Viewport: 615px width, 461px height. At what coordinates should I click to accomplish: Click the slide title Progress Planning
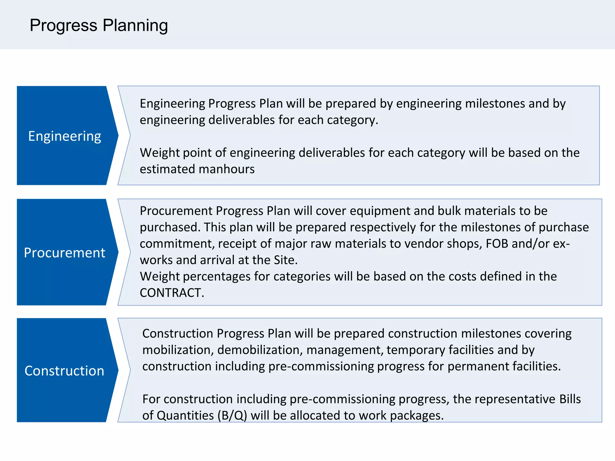[x=98, y=25]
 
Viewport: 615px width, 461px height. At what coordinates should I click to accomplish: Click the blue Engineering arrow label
[x=65, y=136]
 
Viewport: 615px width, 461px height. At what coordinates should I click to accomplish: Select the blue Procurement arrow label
[x=65, y=253]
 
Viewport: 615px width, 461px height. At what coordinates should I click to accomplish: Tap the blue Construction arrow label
[x=64, y=371]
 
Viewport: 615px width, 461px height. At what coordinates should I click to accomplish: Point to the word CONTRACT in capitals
[x=171, y=293]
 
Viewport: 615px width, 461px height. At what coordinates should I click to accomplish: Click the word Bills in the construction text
[x=570, y=399]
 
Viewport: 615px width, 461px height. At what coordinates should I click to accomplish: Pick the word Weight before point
[x=159, y=153]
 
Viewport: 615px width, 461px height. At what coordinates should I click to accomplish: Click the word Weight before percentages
[x=159, y=276]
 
